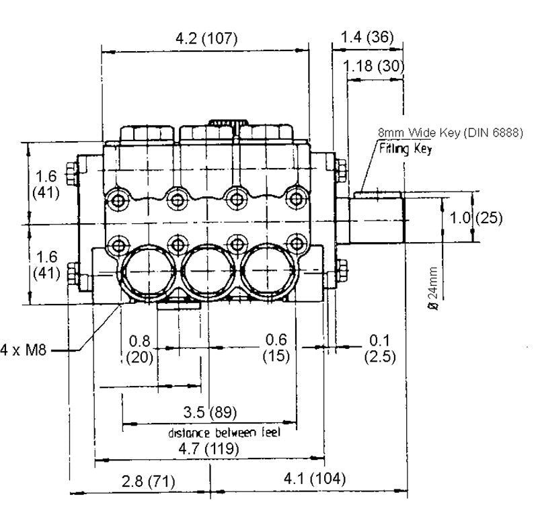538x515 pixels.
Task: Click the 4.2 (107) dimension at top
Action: pos(206,38)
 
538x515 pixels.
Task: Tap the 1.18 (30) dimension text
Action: pos(373,66)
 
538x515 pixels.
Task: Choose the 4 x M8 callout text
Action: pos(23,350)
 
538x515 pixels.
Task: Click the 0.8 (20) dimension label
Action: pos(139,349)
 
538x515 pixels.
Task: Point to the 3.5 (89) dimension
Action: pos(210,411)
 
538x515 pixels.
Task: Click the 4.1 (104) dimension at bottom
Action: pos(314,479)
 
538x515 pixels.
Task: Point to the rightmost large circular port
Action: pos(272,272)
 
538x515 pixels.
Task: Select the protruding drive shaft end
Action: pos(376,217)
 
